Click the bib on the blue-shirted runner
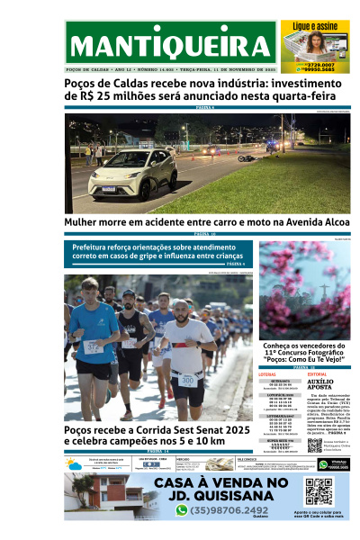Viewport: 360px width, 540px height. pyautogui.click(x=94, y=346)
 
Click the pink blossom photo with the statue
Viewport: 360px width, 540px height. pyautogui.click(x=304, y=289)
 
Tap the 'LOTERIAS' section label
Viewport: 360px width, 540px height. pyautogui.click(x=267, y=373)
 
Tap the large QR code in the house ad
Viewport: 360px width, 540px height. pyautogui.click(x=319, y=492)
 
